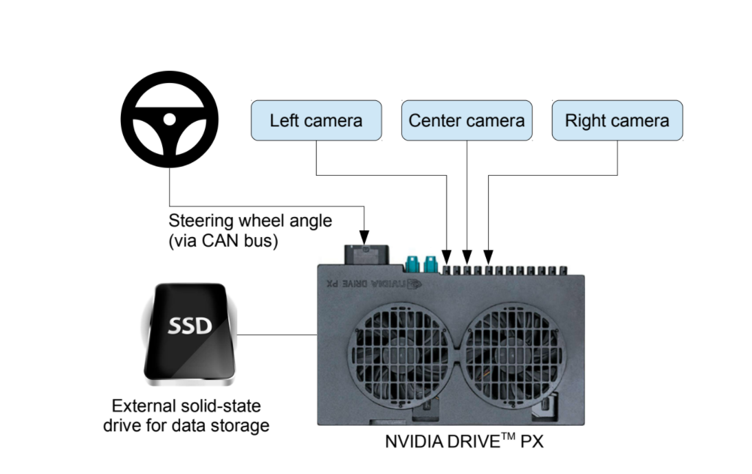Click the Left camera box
(x=316, y=121)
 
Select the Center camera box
(x=467, y=121)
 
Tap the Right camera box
(x=617, y=121)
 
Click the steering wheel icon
(x=169, y=120)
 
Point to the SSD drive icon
(x=190, y=331)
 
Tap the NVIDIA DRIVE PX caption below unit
(x=464, y=441)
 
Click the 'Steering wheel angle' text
(x=250, y=221)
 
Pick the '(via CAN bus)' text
(x=223, y=241)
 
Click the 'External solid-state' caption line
(x=186, y=405)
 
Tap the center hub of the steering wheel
(x=169, y=119)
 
